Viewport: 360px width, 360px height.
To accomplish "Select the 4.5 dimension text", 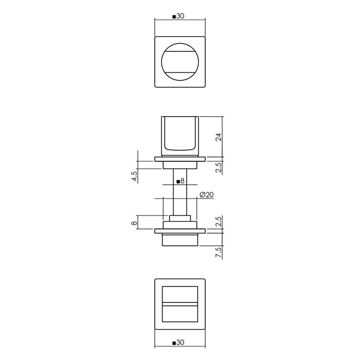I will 135,176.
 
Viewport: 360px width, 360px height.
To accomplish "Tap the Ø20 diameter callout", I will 205,194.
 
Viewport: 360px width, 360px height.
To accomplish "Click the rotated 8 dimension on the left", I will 135,223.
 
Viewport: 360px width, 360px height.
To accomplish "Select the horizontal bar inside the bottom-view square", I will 180,305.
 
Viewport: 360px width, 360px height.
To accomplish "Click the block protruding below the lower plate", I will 180,240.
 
